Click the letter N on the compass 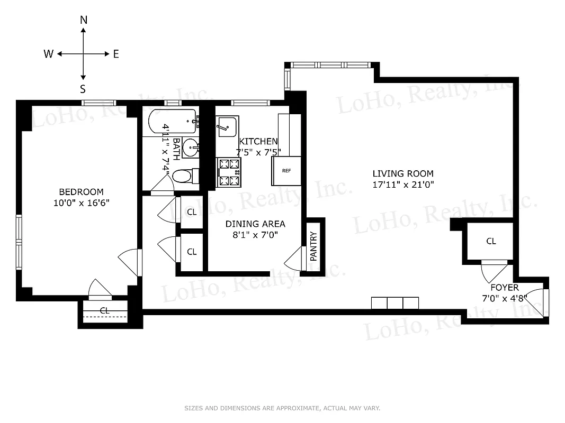coord(84,20)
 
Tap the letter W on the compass coord(48,54)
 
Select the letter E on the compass coord(116,54)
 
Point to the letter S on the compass coord(83,89)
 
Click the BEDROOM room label coord(81,192)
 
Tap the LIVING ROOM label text coord(402,173)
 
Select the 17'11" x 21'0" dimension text coord(402,185)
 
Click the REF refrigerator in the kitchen coord(286,171)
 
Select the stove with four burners coord(228,173)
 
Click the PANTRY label coord(313,246)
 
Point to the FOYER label coord(504,288)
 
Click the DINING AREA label coord(255,224)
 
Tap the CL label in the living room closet coord(491,241)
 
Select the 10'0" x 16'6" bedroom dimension coord(81,203)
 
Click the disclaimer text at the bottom coord(282,408)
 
